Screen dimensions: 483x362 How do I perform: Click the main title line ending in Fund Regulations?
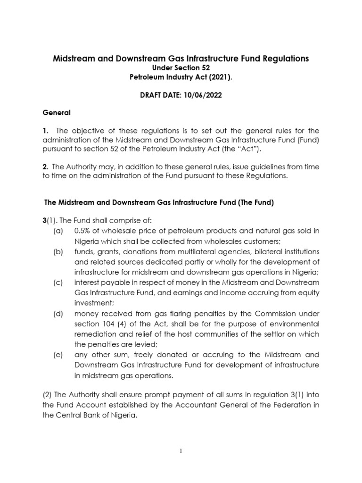[181, 58]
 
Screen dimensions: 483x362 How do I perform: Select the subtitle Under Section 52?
[181, 69]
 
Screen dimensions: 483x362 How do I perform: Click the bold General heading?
[57, 113]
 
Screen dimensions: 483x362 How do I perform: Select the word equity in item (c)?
[308, 292]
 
